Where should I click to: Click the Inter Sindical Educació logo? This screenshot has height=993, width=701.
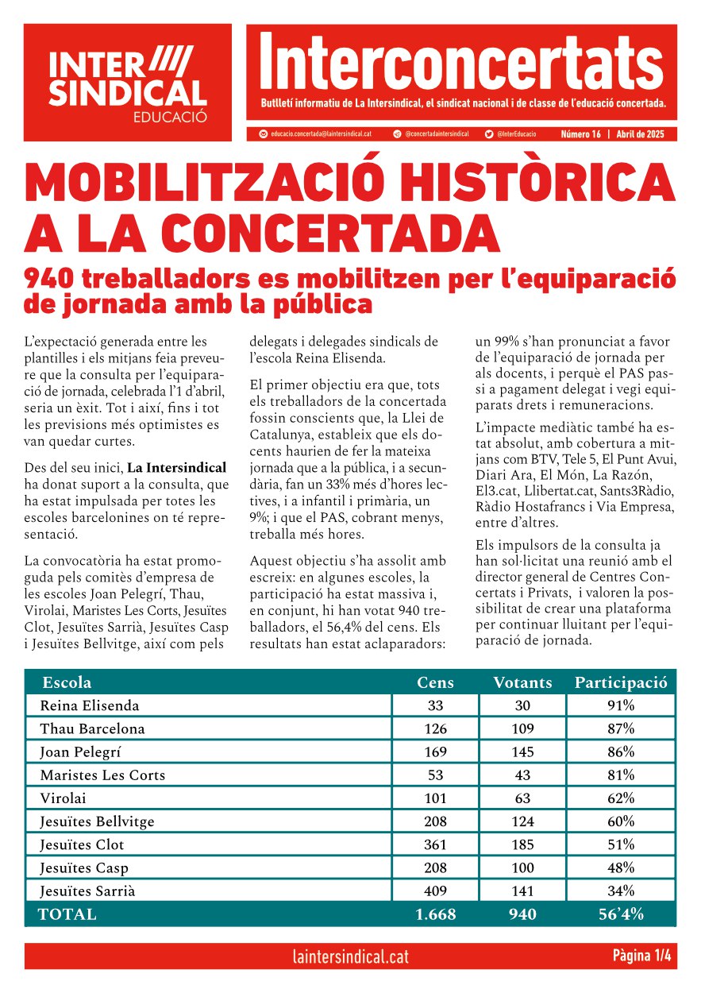point(128,82)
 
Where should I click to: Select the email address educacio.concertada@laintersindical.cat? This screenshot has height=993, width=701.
point(326,134)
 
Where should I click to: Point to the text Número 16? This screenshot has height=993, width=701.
point(580,134)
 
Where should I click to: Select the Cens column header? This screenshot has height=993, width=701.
point(435,682)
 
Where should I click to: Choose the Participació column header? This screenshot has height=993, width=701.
point(621,682)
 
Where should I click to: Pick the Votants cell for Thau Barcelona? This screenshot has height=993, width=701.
point(522,728)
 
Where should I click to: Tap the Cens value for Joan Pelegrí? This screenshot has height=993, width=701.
point(435,752)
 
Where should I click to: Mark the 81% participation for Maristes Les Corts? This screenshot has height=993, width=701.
point(621,775)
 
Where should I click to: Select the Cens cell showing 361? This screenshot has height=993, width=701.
point(435,844)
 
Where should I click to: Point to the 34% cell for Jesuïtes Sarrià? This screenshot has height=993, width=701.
point(621,891)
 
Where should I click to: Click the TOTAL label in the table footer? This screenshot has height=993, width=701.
point(67,914)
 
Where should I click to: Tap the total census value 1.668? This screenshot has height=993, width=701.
point(435,914)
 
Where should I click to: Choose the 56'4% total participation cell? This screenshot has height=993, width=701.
point(621,914)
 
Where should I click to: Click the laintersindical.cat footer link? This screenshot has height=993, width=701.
point(350,956)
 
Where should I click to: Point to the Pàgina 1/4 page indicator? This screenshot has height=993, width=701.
point(641,956)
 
